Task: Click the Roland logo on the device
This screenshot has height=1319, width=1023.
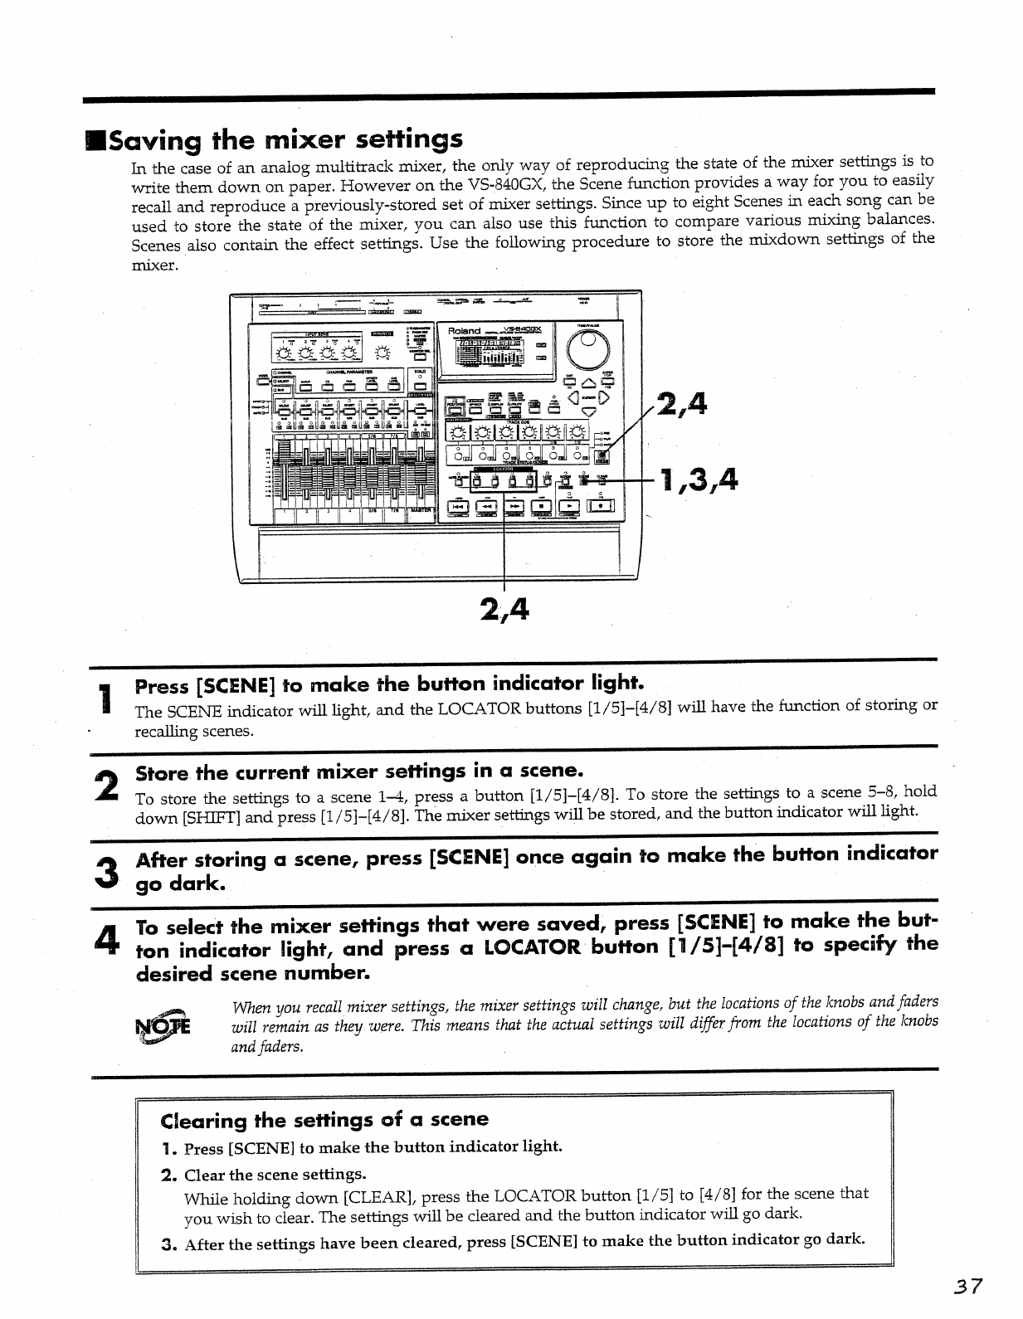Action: (464, 331)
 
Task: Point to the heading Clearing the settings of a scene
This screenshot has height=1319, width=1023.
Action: (324, 1121)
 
